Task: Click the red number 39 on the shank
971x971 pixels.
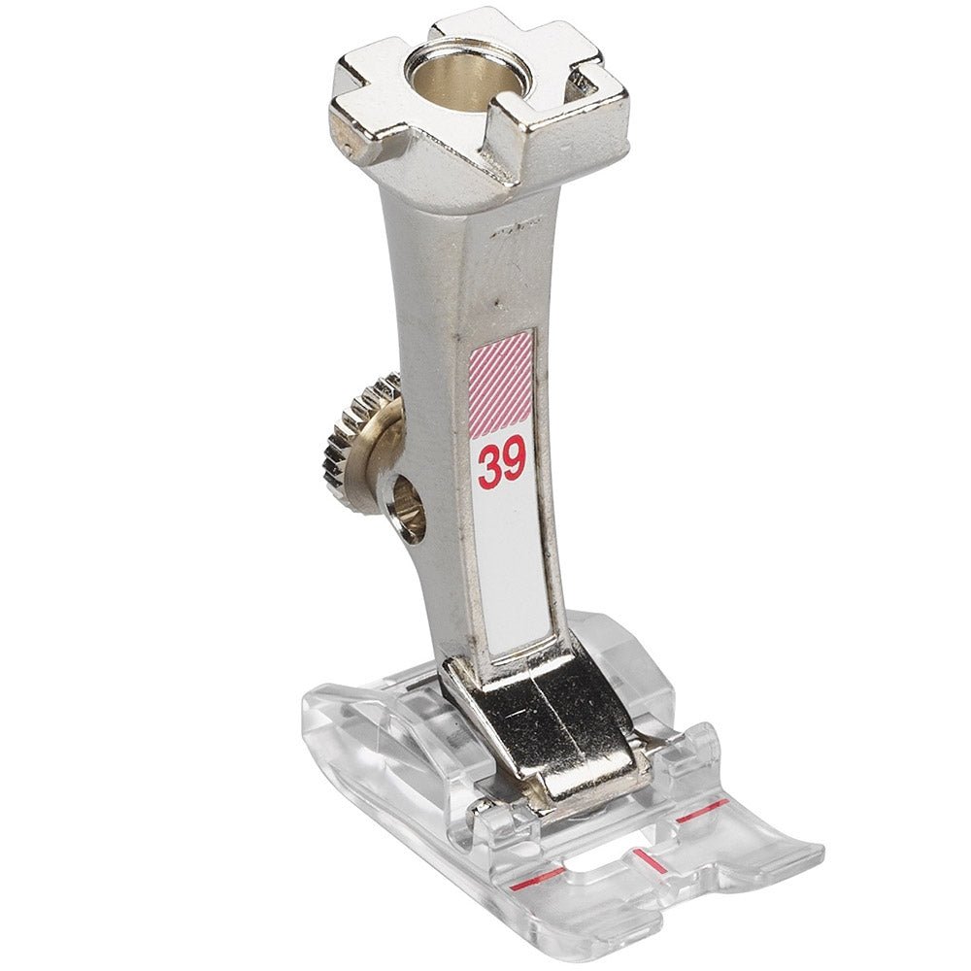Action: [x=502, y=462]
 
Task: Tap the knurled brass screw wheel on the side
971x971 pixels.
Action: [x=362, y=442]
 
